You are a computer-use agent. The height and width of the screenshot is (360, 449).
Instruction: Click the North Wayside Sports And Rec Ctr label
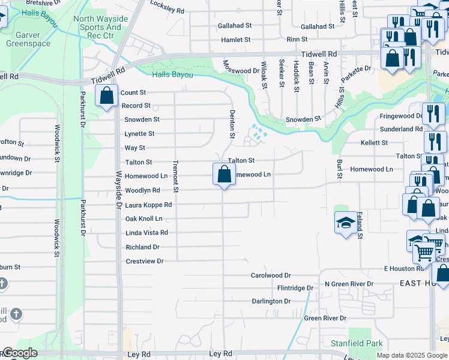tap(101, 27)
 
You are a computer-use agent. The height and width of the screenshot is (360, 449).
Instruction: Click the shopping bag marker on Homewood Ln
tap(224, 175)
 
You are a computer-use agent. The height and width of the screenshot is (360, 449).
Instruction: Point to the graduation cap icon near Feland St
tap(345, 223)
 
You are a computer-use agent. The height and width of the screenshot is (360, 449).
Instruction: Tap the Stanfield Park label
tap(357, 344)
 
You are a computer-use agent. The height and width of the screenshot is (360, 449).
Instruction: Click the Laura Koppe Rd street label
tap(148, 205)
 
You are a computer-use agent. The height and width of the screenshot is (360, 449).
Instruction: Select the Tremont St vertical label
tap(176, 176)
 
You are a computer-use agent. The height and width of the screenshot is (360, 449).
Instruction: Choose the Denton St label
tap(232, 124)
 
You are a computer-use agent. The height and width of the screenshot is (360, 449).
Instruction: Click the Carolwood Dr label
tap(271, 275)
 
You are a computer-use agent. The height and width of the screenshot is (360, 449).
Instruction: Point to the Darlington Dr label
tap(271, 301)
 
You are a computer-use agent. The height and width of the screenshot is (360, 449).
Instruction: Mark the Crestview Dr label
tap(145, 261)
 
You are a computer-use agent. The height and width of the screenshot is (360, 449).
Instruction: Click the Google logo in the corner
tap(19, 353)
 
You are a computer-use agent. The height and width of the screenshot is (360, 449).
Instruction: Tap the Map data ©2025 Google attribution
tap(412, 355)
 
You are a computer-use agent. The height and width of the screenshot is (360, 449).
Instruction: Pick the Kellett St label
tap(374, 143)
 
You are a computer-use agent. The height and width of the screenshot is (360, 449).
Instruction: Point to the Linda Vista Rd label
tap(146, 233)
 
